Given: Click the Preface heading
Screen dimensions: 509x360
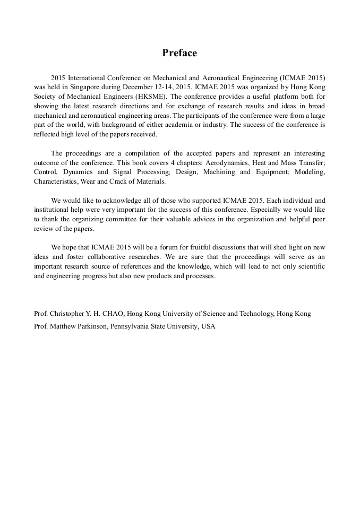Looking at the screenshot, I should coord(179,53).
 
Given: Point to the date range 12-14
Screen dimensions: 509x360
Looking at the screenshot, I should coord(157,87).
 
